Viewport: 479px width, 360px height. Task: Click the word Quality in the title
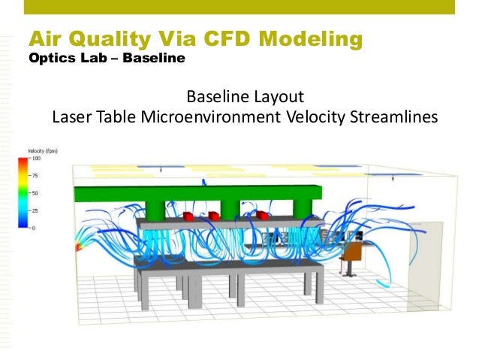110,38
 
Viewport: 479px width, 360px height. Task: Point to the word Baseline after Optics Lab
154,58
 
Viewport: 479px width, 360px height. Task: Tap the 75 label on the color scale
35,176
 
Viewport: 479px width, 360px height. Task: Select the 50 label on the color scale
35,193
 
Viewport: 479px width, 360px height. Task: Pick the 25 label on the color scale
35,210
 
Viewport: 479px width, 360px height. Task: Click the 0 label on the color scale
33,227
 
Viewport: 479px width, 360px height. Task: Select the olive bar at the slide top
239,8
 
